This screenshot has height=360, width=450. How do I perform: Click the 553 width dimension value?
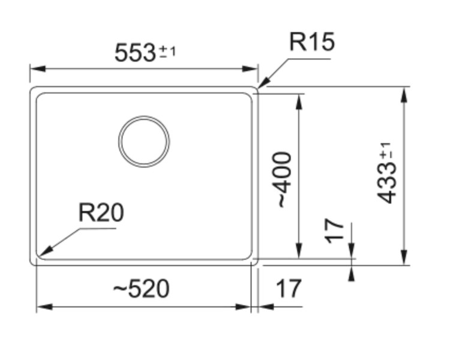[x=135, y=53]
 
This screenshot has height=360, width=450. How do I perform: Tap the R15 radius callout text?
[x=311, y=43]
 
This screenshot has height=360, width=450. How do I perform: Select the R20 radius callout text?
[x=101, y=212]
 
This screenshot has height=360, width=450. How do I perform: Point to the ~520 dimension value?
[x=142, y=289]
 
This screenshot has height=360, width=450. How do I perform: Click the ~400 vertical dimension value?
[x=283, y=180]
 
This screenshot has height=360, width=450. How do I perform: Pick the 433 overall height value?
[x=388, y=182]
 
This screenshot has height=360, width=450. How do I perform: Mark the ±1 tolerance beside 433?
[x=386, y=150]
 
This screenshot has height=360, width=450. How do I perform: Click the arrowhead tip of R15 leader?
[x=260, y=88]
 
